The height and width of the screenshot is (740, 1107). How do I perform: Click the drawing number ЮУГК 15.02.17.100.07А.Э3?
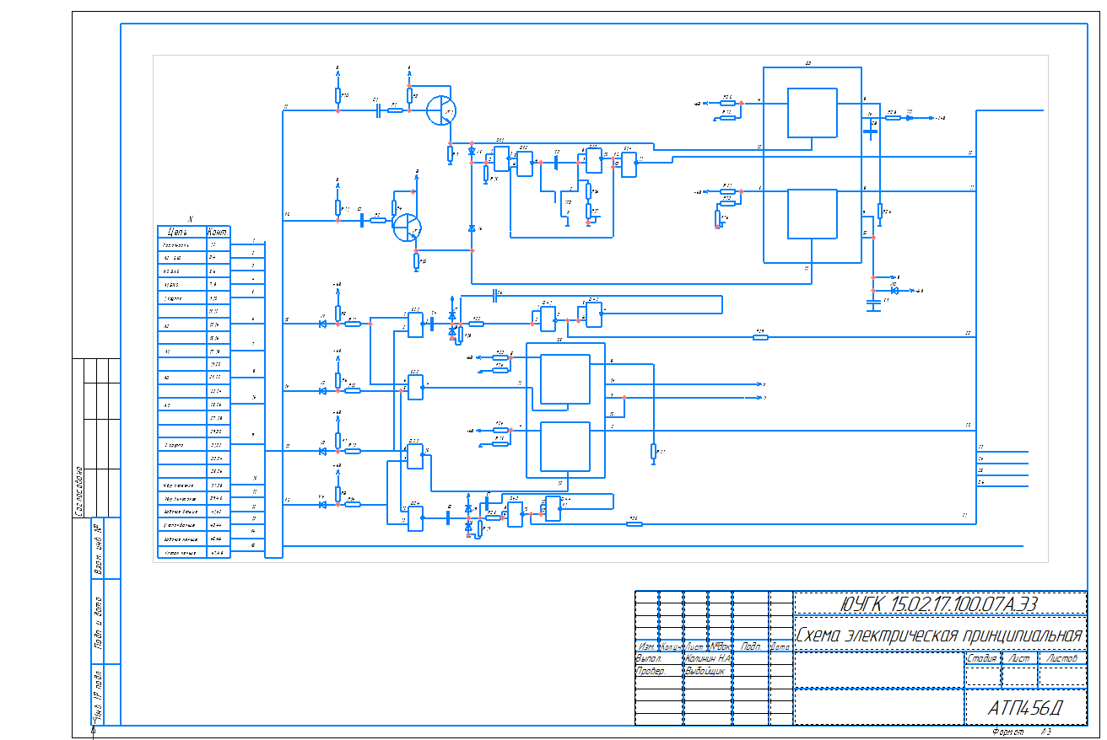(940, 603)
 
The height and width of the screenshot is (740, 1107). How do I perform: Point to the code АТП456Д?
(1024, 709)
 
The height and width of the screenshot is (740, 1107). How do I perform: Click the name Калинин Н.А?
(708, 658)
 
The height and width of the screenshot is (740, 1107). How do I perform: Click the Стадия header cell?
(981, 658)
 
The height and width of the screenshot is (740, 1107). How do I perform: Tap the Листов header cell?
(1061, 658)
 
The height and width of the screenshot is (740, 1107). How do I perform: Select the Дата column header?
(780, 647)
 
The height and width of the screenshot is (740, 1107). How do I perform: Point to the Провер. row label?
(650, 672)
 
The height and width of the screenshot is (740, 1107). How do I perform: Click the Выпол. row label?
(648, 658)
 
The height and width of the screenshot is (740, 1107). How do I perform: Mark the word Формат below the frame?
(1007, 732)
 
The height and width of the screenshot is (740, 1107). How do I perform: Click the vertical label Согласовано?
(78, 491)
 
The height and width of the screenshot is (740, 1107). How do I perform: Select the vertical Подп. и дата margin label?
(98, 622)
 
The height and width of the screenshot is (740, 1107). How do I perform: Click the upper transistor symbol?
(440, 110)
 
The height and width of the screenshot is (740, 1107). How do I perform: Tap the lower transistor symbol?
(407, 227)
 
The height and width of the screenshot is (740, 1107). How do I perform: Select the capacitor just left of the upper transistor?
(378, 110)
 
